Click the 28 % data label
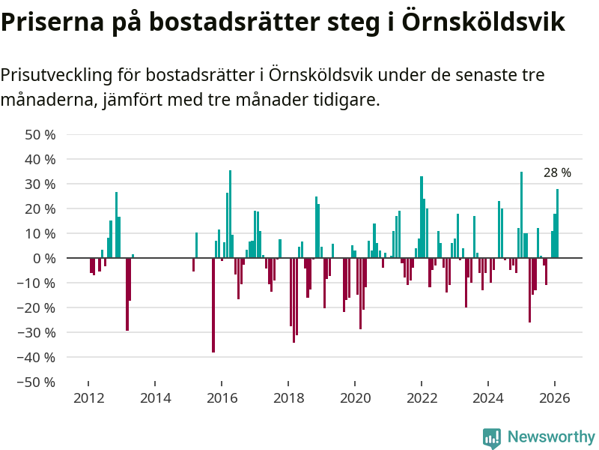(x=557, y=173)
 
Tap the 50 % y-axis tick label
(x=40, y=135)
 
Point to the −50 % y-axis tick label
(x=37, y=382)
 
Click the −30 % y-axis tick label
(x=37, y=332)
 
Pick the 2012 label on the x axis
(x=88, y=398)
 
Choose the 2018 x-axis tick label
(x=288, y=398)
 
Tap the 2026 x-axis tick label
(x=555, y=398)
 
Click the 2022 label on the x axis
(x=422, y=398)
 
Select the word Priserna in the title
(x=50, y=22)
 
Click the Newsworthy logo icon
(x=492, y=437)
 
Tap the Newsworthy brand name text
(x=551, y=436)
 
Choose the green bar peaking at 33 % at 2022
(x=422, y=217)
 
